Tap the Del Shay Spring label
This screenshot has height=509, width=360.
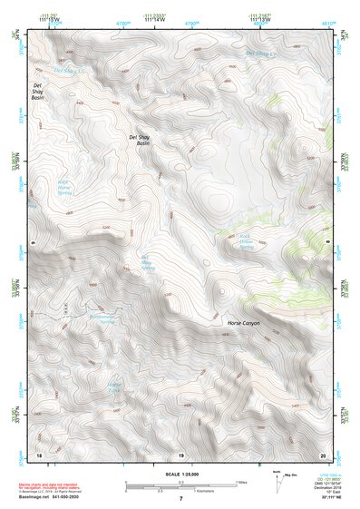click(148, 263)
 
